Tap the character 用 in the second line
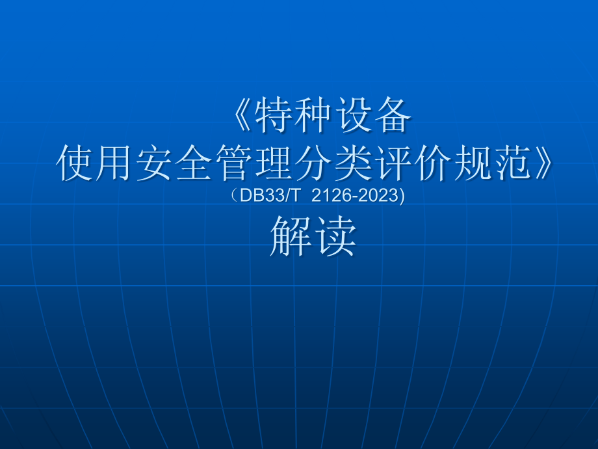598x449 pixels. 115,164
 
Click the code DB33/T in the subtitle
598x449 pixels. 264,195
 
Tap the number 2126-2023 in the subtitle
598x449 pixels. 353,195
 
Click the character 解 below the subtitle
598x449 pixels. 291,236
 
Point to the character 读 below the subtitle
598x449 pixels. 334,236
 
